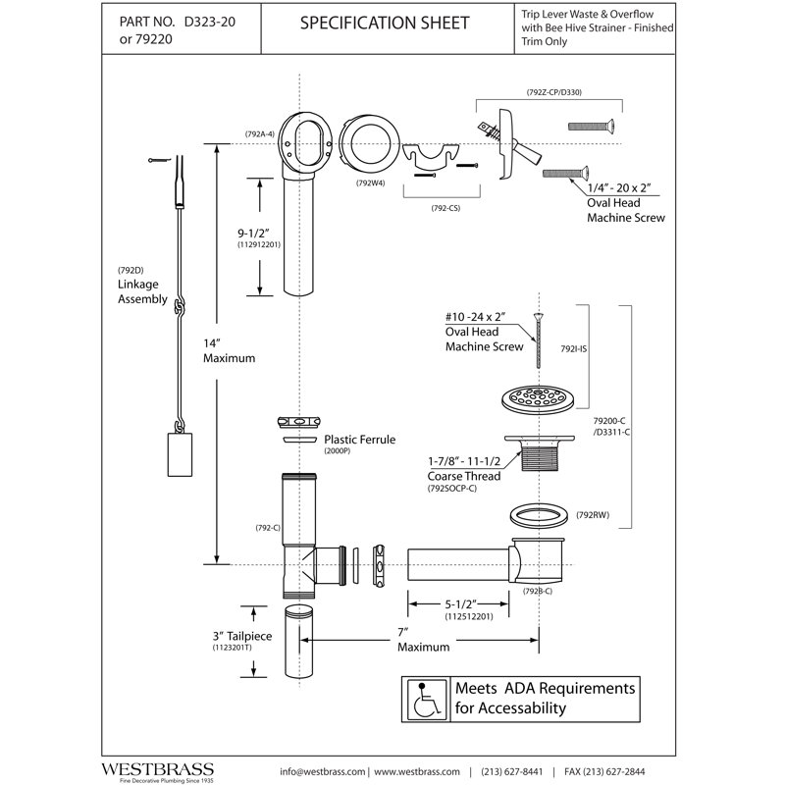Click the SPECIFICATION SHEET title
(x=385, y=23)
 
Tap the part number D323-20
(x=210, y=22)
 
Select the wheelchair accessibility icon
(x=426, y=700)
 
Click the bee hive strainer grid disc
(x=538, y=399)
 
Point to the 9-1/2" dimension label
(x=253, y=234)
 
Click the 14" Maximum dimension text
(x=229, y=351)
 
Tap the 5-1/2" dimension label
(x=460, y=604)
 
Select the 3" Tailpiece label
(x=242, y=636)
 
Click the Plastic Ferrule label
(x=359, y=440)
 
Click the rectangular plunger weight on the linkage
(x=180, y=454)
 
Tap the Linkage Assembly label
(x=142, y=291)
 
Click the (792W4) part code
(x=371, y=183)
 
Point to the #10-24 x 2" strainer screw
(x=539, y=340)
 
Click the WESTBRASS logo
(x=158, y=769)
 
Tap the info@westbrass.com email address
(x=323, y=771)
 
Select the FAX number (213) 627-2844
(x=604, y=771)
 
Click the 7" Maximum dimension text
(x=424, y=640)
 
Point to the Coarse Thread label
(x=463, y=476)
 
